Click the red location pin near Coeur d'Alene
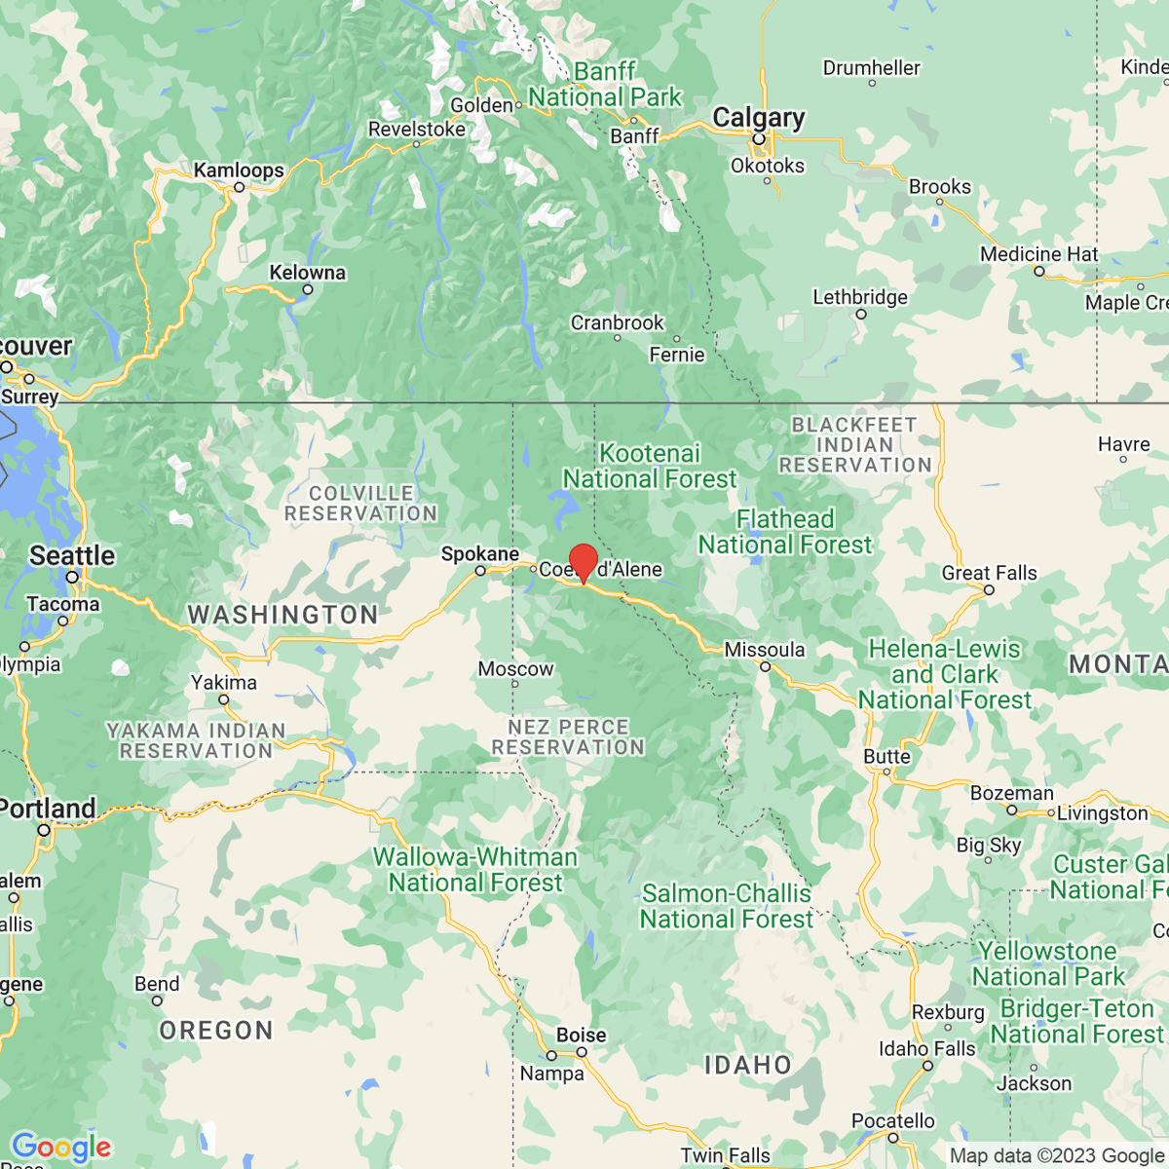(x=583, y=562)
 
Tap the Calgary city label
(x=758, y=118)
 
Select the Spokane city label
(x=479, y=554)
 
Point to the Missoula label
(x=765, y=650)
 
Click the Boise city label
(x=581, y=1035)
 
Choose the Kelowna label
(x=307, y=273)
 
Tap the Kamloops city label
(x=239, y=170)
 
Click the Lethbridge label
(x=859, y=297)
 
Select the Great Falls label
(x=989, y=573)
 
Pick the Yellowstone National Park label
(x=1047, y=963)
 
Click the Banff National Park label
(x=605, y=85)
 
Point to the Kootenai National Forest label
(x=650, y=466)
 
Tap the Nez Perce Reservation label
(x=568, y=737)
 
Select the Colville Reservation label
(x=360, y=504)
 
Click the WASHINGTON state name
(x=283, y=615)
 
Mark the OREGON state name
(x=216, y=1031)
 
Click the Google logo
(x=60, y=1147)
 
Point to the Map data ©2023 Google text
(x=1056, y=1155)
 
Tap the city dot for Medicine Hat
(x=1038, y=271)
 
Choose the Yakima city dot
(x=224, y=699)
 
